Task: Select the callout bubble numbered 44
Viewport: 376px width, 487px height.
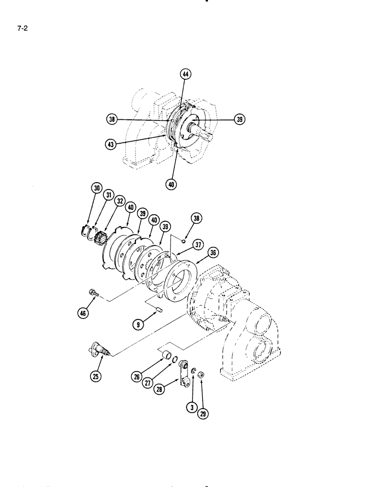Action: point(186,75)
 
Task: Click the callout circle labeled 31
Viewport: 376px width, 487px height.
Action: point(108,195)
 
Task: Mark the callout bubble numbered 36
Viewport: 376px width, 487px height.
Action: point(212,252)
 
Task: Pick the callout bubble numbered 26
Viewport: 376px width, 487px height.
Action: point(136,376)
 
